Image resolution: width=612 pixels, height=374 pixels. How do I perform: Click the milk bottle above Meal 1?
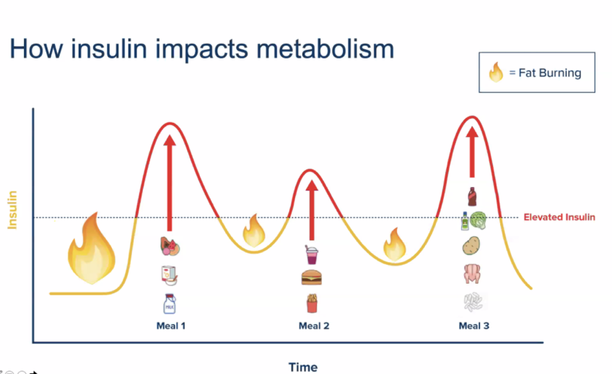point(170,303)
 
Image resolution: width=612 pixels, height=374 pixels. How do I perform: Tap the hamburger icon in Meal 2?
point(311,278)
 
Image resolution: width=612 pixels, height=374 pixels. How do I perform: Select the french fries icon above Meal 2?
point(311,303)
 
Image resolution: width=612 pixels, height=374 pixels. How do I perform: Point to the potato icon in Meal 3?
point(472,247)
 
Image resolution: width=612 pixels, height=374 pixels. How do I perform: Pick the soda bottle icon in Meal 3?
point(472,196)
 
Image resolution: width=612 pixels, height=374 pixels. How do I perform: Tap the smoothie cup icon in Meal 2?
point(312,253)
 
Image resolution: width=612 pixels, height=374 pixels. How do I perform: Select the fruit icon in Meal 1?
point(170,248)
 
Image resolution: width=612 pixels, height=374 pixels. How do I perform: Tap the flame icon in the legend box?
point(497,73)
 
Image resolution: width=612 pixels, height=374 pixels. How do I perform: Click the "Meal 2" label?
point(314,326)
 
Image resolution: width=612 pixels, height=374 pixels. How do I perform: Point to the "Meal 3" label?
point(474,326)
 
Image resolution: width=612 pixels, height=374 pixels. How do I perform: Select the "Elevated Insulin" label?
point(559,217)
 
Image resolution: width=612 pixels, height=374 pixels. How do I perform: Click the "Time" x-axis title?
point(303,367)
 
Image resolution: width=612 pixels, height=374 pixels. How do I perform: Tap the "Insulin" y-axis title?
point(12,210)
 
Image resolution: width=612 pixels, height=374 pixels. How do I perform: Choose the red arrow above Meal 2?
point(312,209)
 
